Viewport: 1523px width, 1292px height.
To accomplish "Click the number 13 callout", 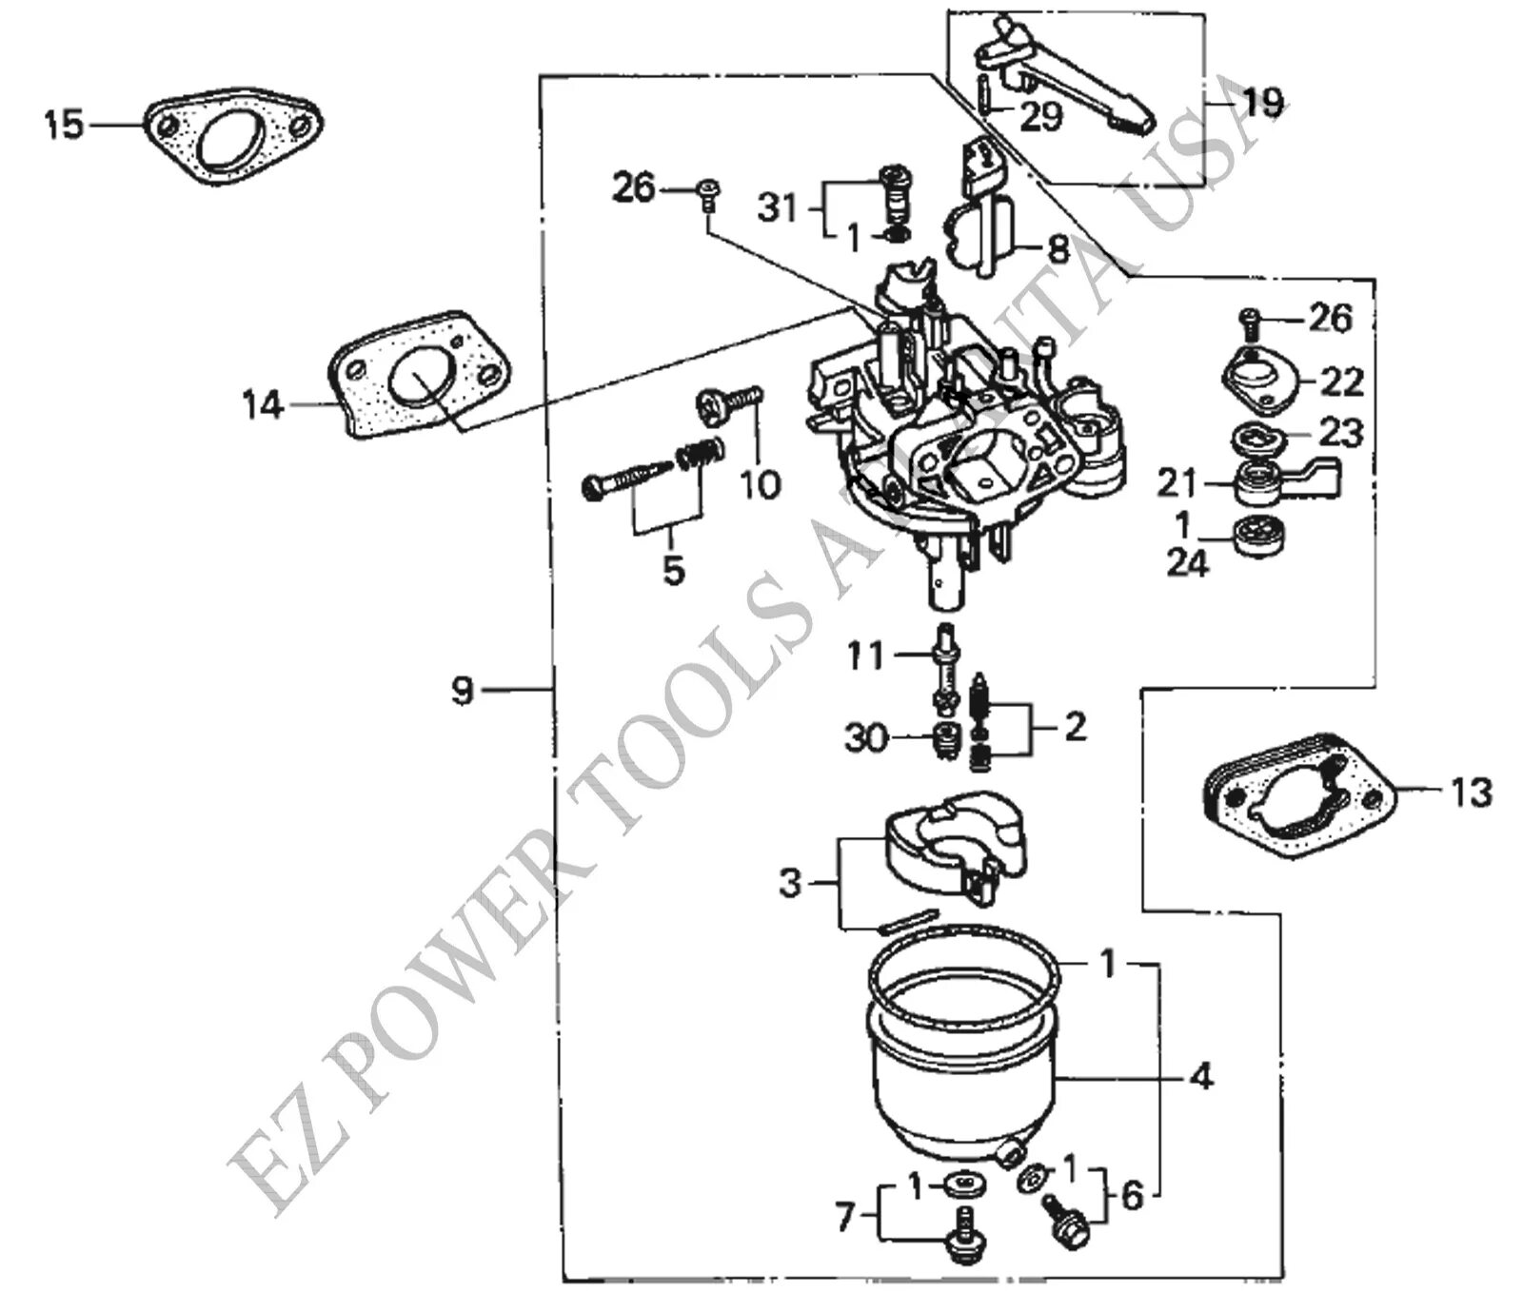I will click(1471, 792).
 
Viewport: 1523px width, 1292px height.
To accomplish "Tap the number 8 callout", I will click(1058, 250).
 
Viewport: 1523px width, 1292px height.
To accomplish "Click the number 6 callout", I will click(1132, 1195).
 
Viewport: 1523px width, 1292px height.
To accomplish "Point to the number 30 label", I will click(866, 737).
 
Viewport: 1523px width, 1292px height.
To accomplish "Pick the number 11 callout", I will click(866, 656).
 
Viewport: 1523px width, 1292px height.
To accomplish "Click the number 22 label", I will click(1342, 382).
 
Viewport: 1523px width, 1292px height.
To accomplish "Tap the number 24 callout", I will click(1188, 563).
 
